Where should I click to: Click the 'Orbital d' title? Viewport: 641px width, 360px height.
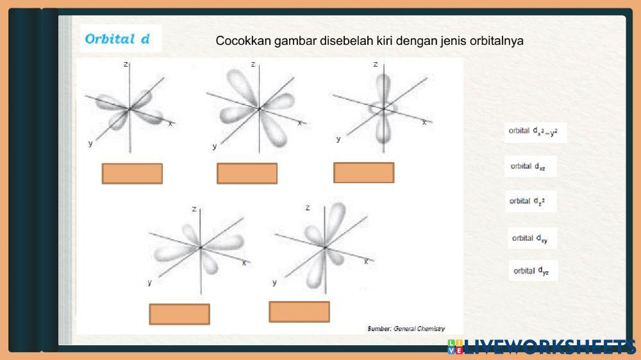[118, 39]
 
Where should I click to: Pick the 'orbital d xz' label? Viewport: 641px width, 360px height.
[528, 167]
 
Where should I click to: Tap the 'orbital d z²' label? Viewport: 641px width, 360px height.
[528, 201]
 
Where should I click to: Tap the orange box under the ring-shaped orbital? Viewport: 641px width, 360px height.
[363, 172]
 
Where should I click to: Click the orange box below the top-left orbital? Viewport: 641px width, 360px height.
[132, 174]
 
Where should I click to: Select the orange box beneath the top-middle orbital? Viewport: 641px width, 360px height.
[247, 174]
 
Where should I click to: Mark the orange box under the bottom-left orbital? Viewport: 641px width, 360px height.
[179, 314]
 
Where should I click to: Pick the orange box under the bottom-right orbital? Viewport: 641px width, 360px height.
[299, 311]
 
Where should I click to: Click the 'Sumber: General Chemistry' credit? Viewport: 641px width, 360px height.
[406, 329]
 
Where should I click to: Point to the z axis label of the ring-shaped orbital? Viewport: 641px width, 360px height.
[375, 65]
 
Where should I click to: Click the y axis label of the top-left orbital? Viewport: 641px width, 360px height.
[90, 143]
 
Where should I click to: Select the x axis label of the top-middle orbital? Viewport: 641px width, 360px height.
[299, 122]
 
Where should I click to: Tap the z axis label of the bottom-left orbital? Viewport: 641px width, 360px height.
[194, 209]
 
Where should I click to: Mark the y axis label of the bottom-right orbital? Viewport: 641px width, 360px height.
[274, 282]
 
